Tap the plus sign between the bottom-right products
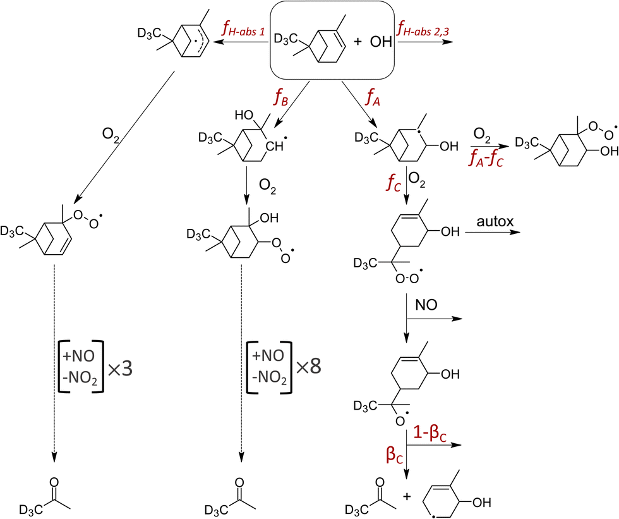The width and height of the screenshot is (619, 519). tap(406, 496)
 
